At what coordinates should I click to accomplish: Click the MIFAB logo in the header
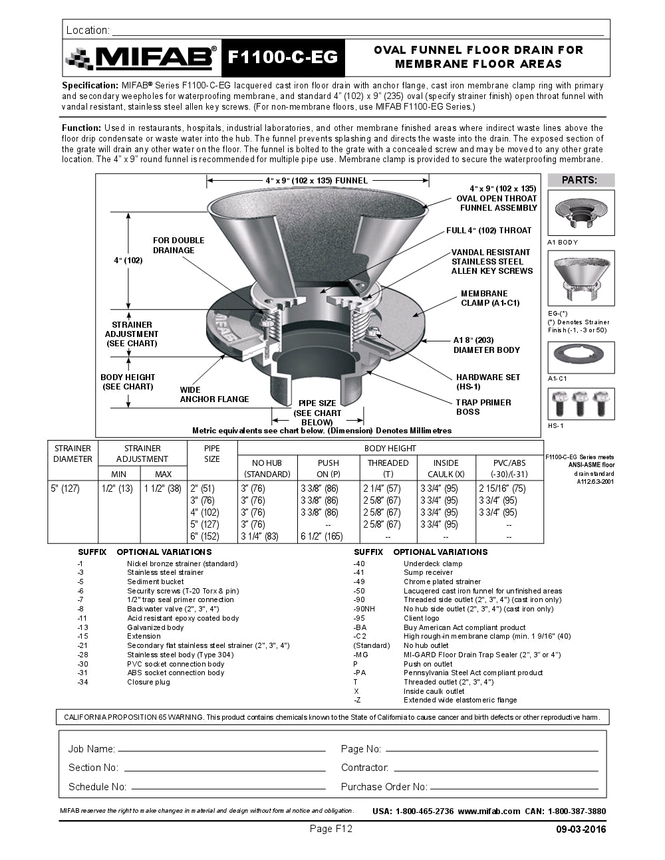pyautogui.click(x=141, y=58)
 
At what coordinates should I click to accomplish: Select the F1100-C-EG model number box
pyautogui.click(x=283, y=58)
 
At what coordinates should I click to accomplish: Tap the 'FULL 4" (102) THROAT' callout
pyautogui.click(x=489, y=231)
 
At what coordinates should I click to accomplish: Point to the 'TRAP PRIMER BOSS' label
pyautogui.click(x=483, y=407)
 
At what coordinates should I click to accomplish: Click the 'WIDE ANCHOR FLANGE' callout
pyautogui.click(x=214, y=395)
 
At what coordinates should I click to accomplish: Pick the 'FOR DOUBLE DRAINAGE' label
pyautogui.click(x=178, y=245)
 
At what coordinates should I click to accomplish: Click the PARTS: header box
pyautogui.click(x=581, y=180)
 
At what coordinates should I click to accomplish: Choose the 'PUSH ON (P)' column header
pyautogui.click(x=328, y=468)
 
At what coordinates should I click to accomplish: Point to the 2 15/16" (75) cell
pyautogui.click(x=502, y=488)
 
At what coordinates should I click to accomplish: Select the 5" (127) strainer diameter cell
pyautogui.click(x=65, y=488)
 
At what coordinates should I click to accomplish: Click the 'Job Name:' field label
pyautogui.click(x=92, y=749)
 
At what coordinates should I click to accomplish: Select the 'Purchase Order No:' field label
pyautogui.click(x=384, y=787)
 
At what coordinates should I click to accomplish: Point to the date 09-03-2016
pyautogui.click(x=581, y=829)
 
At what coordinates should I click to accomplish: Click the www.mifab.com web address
pyautogui.click(x=489, y=811)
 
